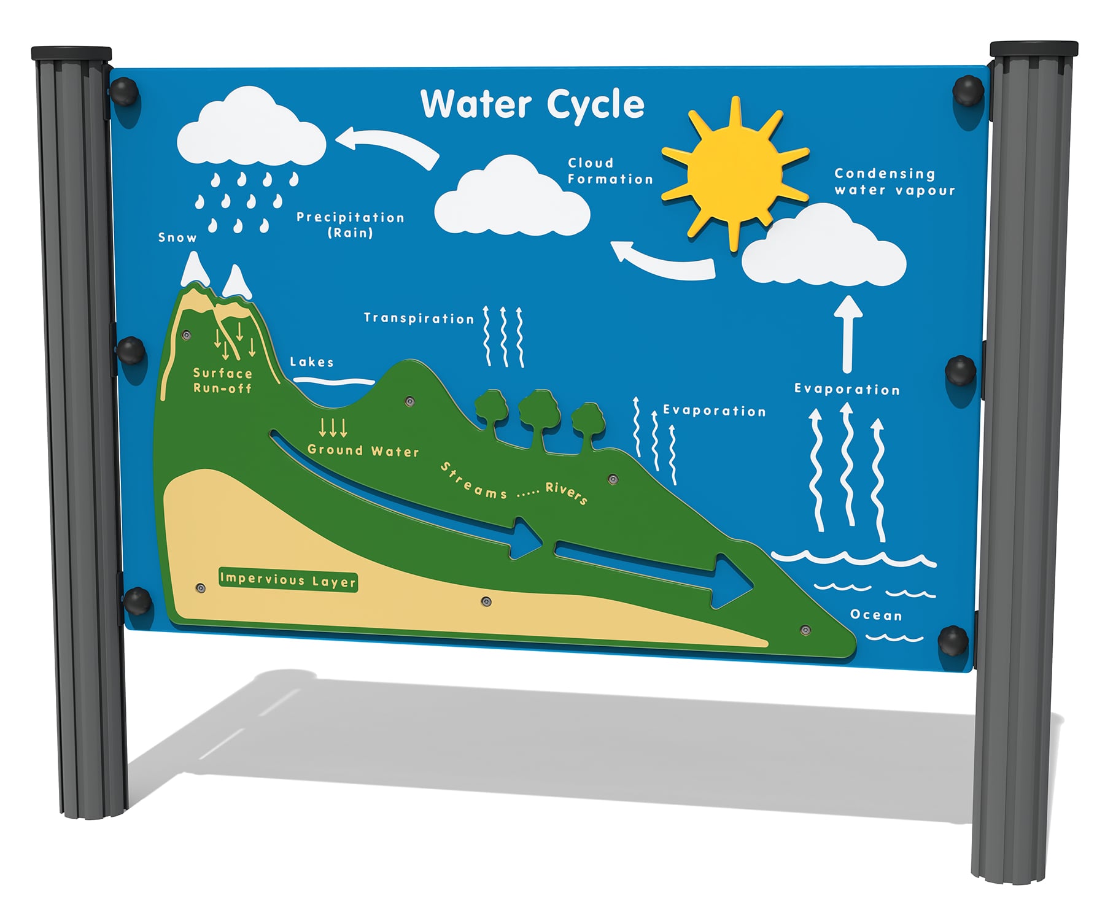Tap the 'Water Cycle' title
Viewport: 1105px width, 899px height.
[x=532, y=104]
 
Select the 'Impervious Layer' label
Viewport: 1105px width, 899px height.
[x=288, y=580]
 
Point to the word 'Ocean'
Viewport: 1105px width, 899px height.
[x=876, y=615]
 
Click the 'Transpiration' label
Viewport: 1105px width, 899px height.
[x=419, y=318]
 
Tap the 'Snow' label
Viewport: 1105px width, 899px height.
[x=177, y=237]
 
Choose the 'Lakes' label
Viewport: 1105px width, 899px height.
[x=312, y=362]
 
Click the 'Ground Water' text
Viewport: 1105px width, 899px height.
[x=363, y=450]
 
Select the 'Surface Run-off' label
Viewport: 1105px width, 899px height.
[x=222, y=380]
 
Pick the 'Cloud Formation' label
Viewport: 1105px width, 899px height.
[x=610, y=171]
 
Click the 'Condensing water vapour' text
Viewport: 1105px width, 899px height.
[x=894, y=182]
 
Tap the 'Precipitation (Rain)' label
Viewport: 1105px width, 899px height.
[x=351, y=225]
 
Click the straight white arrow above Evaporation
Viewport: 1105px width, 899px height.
[x=848, y=334]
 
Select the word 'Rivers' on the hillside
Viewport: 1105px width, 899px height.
[x=567, y=493]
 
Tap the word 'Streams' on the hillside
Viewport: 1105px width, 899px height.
[x=473, y=481]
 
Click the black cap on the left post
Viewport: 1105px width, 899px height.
[x=71, y=53]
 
